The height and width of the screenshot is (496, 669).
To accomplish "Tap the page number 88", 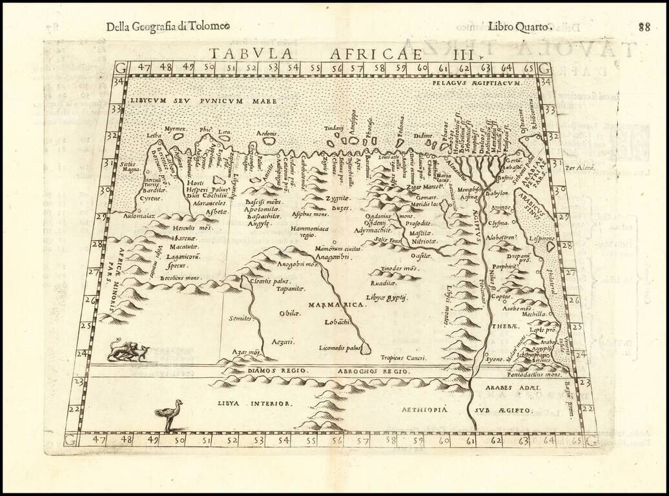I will [x=644, y=26].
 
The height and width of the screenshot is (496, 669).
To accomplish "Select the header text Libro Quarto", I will [x=519, y=26].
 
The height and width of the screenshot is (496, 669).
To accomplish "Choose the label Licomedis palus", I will [x=340, y=347].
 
